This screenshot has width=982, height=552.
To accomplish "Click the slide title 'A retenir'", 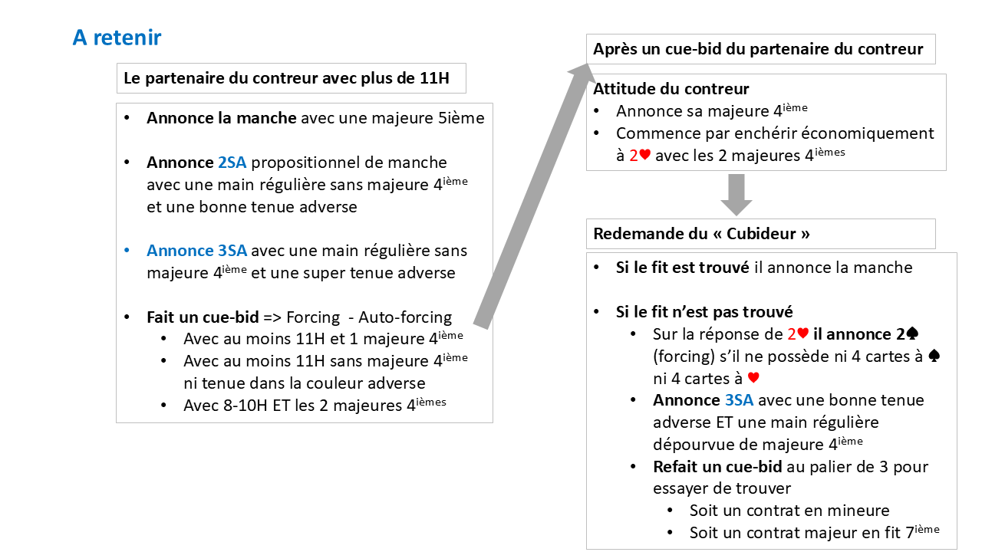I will pos(117,38).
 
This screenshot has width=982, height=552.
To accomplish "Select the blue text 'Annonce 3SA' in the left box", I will pos(196,251).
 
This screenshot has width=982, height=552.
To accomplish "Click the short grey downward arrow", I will pos(736,195).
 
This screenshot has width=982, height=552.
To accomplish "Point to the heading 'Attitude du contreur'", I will pos(671,89).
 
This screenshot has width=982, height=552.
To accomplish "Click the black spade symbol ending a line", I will pos(934,356).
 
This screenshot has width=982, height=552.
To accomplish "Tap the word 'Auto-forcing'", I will pos(405,317).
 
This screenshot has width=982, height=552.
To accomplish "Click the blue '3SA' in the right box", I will pos(739,400).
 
